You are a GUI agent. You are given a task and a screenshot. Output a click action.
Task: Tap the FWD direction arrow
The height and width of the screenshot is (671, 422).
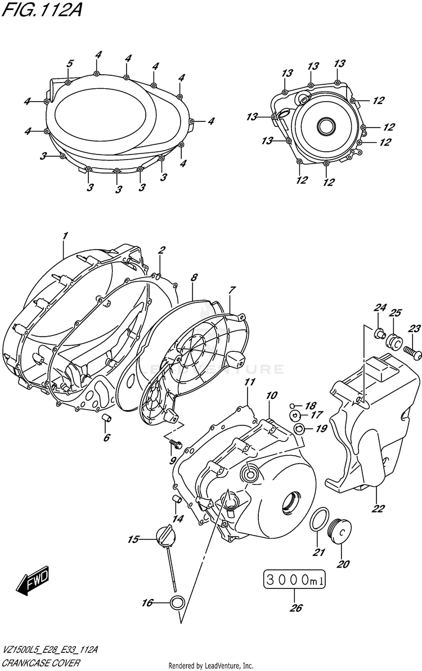click(x=33, y=580)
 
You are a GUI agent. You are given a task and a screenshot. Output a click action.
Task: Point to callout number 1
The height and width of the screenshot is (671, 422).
click(x=65, y=236)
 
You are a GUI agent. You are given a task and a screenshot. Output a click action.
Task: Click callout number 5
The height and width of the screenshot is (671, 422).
click(x=70, y=64)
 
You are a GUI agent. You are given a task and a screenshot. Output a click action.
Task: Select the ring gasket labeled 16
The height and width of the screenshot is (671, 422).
click(x=176, y=603)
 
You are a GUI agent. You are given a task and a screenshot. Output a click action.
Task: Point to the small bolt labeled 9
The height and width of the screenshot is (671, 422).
click(x=174, y=446)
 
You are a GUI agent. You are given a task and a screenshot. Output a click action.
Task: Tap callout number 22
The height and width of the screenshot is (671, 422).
click(x=378, y=510)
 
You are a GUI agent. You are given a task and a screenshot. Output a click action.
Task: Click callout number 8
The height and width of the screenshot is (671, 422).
click(x=194, y=278)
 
